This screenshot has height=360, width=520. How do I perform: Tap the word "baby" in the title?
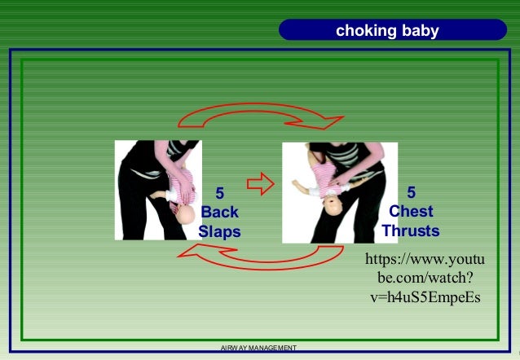[x=419, y=32]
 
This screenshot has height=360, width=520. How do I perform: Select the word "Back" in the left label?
[x=219, y=213]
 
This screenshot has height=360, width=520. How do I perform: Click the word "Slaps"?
[x=219, y=230]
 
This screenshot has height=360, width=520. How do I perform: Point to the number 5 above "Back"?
[x=218, y=194]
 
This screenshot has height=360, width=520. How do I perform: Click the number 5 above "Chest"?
[x=411, y=193]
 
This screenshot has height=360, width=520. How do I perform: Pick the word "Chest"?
[x=411, y=212]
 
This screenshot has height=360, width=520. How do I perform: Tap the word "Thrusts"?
[x=411, y=230]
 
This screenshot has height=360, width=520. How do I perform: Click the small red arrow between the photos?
[x=259, y=185]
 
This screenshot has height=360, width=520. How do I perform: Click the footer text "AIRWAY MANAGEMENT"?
[x=258, y=349]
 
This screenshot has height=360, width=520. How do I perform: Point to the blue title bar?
[x=387, y=31]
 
